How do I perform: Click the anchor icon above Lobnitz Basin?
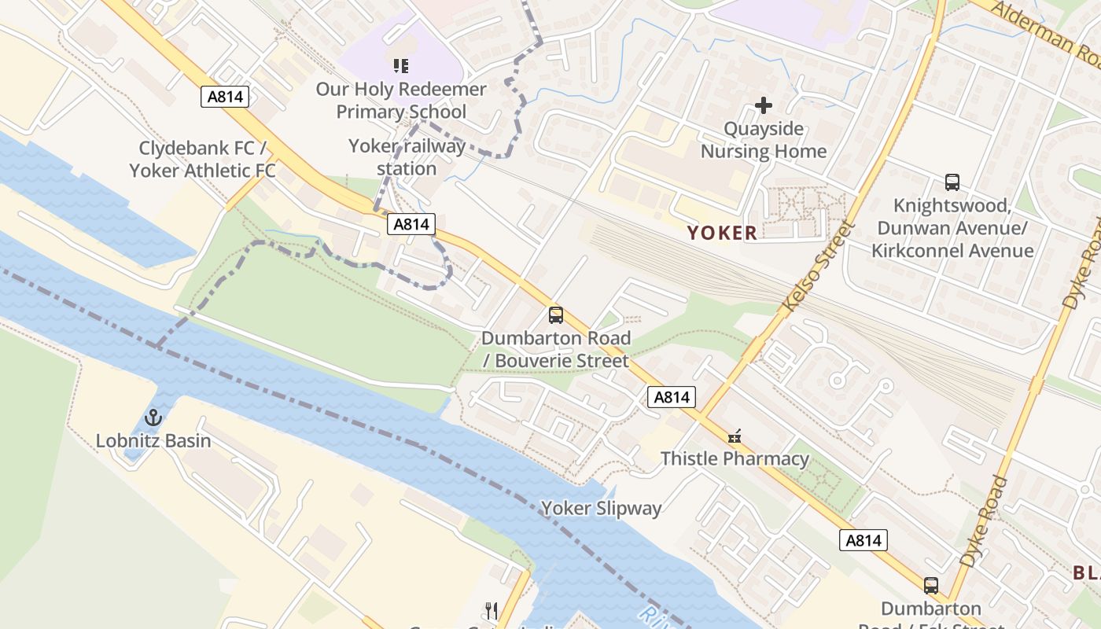(153, 417)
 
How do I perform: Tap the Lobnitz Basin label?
(153, 440)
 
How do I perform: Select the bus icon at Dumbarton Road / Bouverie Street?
(556, 315)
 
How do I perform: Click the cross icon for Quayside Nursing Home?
(764, 105)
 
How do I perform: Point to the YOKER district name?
(722, 233)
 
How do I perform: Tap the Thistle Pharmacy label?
(735, 458)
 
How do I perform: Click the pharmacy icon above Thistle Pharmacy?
(735, 436)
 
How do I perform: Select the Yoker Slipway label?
(602, 509)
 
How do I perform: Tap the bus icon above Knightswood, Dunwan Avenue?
(952, 182)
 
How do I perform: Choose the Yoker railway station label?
(407, 157)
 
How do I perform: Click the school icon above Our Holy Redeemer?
(401, 66)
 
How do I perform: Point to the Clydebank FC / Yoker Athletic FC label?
(203, 160)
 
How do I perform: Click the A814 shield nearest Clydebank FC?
(225, 97)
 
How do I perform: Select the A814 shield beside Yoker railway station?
(411, 225)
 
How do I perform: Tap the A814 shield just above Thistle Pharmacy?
(672, 397)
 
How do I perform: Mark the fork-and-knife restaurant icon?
(492, 610)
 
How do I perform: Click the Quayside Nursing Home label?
(764, 140)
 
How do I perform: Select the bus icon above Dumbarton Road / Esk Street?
(931, 586)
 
